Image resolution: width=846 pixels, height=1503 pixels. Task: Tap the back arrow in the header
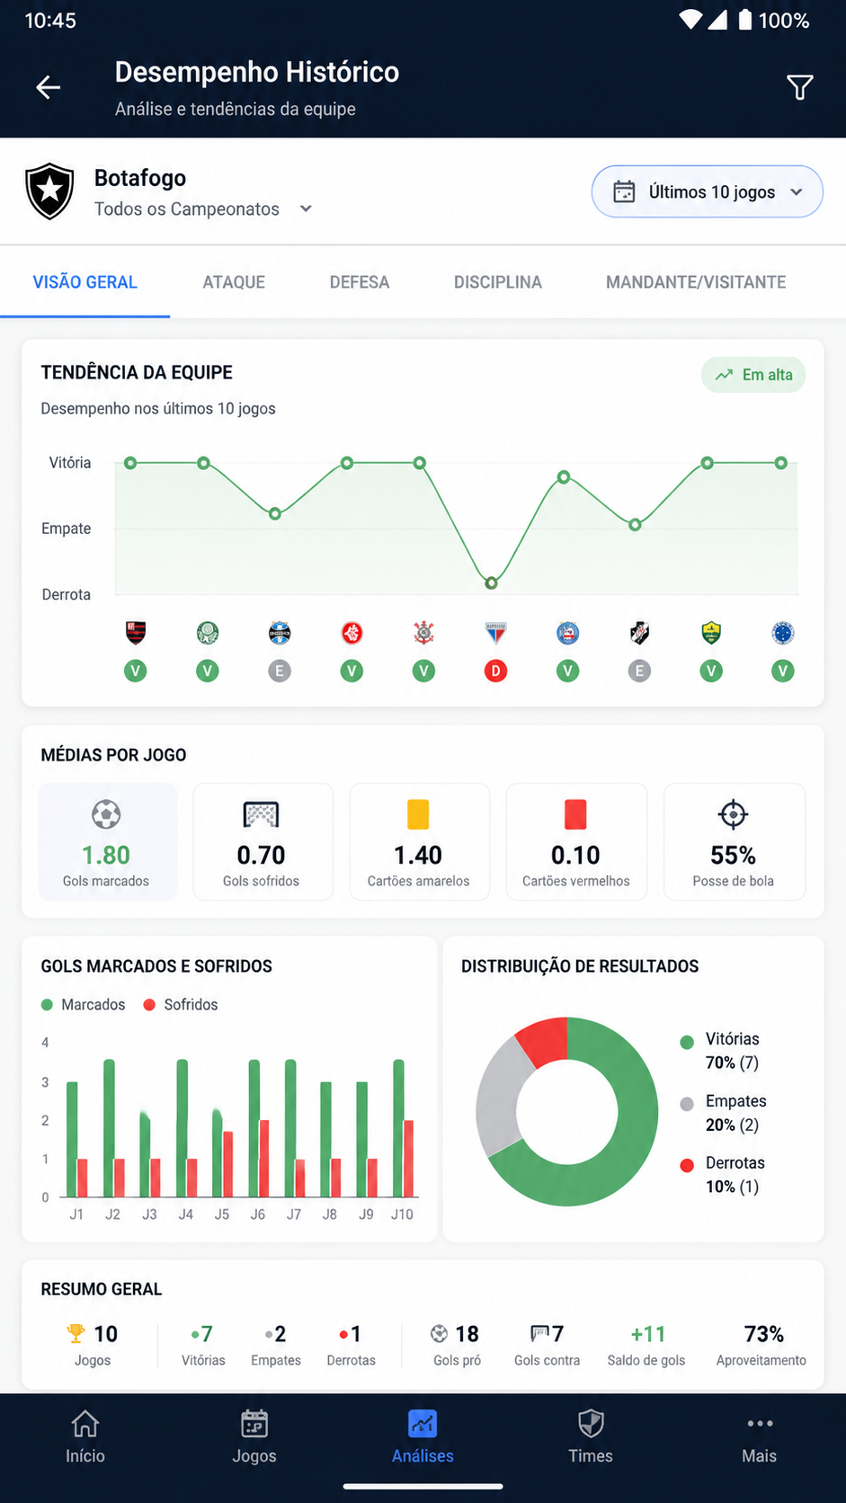pos(48,87)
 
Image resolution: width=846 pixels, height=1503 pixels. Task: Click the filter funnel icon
pos(800,87)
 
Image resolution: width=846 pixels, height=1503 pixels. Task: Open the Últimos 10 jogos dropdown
pos(708,191)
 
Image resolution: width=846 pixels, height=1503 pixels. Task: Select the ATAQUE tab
pos(234,282)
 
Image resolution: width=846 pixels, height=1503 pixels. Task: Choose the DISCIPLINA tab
pos(498,282)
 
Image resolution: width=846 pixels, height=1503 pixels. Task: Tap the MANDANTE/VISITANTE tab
pos(696,282)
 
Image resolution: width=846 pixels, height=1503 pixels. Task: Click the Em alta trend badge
pos(753,375)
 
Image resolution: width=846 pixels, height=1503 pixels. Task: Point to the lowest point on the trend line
pos(491,583)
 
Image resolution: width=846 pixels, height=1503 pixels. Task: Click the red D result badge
pos(495,671)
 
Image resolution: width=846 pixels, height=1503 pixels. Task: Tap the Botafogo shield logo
pos(49,191)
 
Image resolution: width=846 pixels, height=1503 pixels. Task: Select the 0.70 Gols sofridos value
pos(261,855)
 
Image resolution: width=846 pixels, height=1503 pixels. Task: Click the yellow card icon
pos(418,814)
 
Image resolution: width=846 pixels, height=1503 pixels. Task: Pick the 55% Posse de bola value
pos(734,855)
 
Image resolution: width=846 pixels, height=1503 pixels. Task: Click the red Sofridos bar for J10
pos(408,1159)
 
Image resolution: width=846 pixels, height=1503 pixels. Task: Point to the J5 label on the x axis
pos(221,1214)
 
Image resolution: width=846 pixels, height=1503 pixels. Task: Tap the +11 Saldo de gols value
pos(647,1333)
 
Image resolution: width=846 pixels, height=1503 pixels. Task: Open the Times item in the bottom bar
pos(591,1436)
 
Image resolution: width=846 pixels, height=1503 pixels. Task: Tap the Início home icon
pos(85,1423)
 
